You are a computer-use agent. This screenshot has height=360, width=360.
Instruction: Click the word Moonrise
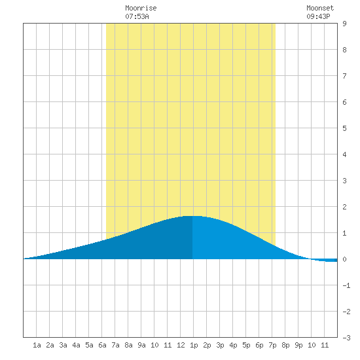pos(141,8)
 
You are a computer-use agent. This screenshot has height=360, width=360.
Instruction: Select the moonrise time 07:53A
pos(137,16)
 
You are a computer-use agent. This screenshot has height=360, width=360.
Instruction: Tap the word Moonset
pos(320,8)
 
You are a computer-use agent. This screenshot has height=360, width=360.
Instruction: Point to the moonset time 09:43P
pos(318,16)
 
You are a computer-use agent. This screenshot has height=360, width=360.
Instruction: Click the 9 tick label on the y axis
pos(344,24)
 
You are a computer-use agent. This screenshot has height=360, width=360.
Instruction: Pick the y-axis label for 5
pos(344,128)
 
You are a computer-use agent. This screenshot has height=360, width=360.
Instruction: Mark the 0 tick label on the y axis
pos(344,259)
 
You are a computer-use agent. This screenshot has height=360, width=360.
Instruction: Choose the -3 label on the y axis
pos(346,338)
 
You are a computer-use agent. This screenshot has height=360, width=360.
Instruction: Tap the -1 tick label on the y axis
pos(346,285)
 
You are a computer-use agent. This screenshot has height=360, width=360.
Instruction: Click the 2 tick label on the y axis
pos(344,207)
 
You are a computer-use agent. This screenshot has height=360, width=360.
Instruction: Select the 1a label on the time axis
pos(37,345)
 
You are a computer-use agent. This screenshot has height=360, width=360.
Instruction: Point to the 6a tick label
pos(102,345)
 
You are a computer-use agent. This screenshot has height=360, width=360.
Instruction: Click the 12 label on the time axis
pos(181,345)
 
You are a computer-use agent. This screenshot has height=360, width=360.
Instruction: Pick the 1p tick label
pos(194,346)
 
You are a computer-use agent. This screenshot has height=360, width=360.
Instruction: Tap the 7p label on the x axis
pos(272,346)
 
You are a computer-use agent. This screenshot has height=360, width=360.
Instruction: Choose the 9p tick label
pos(298,346)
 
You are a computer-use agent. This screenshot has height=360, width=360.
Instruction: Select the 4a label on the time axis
pos(76,345)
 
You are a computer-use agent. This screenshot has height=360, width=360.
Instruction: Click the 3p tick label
pos(220,346)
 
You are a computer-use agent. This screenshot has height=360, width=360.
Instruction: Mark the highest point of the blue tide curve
pos(192,216)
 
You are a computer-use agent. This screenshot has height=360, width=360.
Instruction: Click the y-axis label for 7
pos(344,76)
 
